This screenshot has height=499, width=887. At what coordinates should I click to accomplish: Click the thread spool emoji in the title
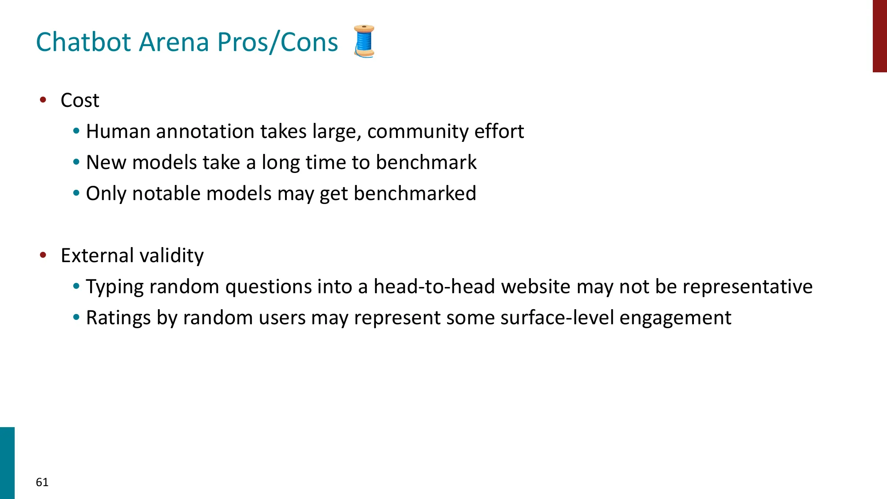point(364,41)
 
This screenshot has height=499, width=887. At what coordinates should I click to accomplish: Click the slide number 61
point(42,482)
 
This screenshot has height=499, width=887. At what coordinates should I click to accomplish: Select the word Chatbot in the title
point(84,42)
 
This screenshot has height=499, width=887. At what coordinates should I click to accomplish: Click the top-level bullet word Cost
point(80,100)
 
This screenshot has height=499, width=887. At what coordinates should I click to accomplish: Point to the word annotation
point(205,132)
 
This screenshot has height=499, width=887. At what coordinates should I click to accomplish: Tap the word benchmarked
point(415,194)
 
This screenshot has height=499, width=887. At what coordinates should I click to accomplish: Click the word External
point(97,256)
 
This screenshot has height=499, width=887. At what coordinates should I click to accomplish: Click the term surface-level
point(557,318)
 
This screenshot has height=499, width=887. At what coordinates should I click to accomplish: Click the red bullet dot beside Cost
point(43,100)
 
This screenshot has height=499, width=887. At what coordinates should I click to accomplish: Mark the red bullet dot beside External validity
point(43,255)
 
